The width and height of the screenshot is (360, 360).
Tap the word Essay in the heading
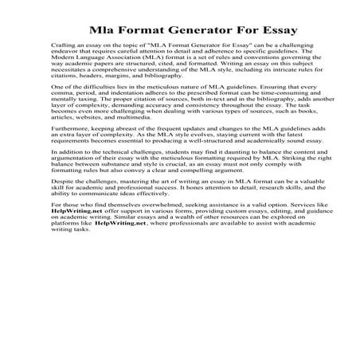tap(276, 30)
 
